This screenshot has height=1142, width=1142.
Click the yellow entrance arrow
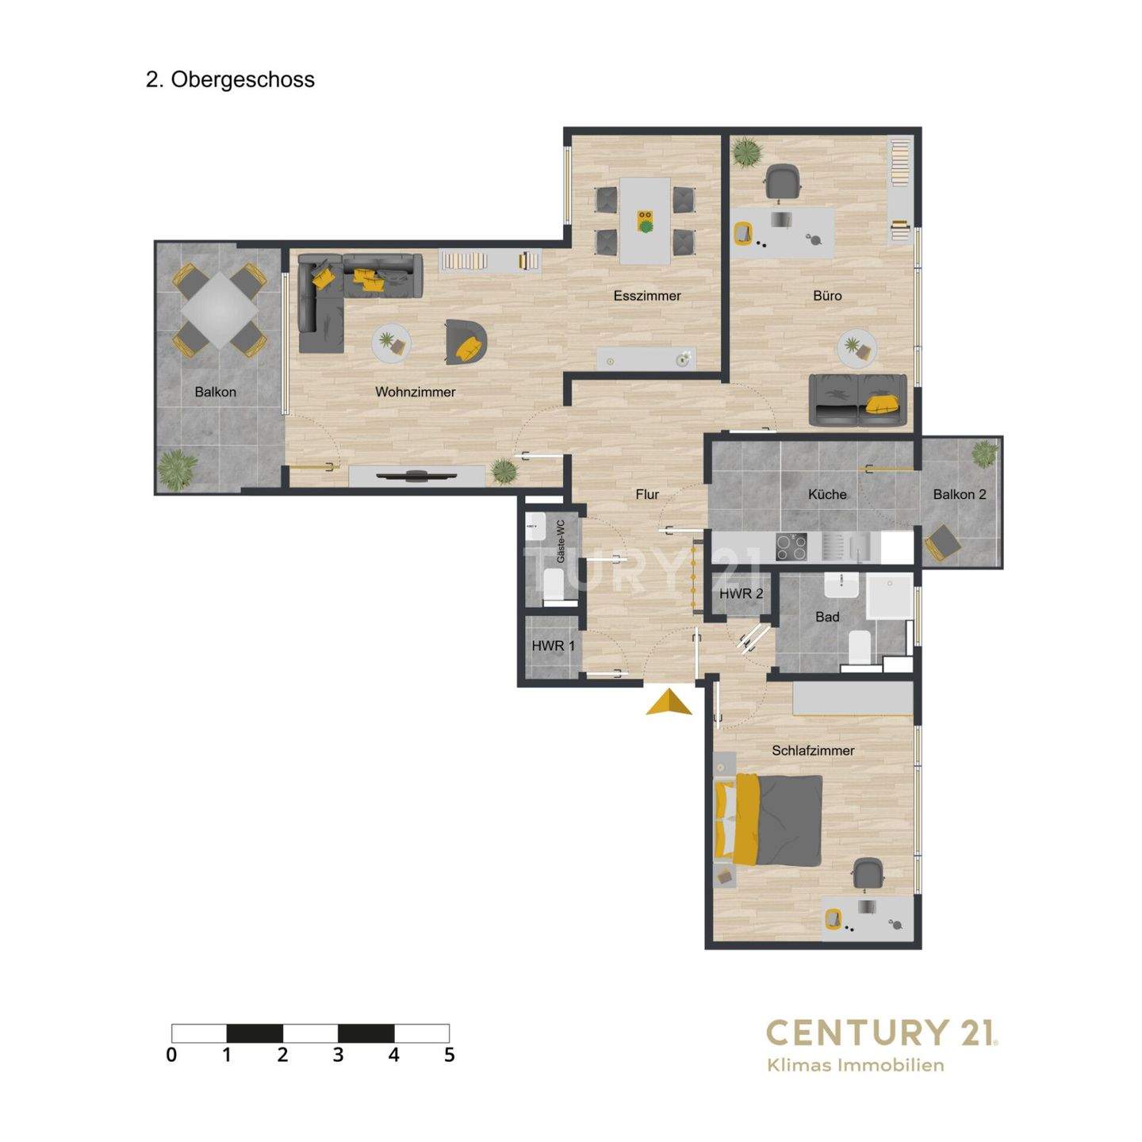[669, 703]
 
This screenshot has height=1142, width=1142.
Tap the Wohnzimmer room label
[415, 392]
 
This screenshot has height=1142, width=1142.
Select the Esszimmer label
[647, 296]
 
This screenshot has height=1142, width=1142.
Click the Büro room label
[827, 296]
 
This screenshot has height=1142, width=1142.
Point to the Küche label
[827, 494]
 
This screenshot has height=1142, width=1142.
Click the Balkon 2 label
[960, 494]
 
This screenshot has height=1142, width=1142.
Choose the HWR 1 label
[553, 646]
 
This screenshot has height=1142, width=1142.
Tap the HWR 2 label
[741, 594]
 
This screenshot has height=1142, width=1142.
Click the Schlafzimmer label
[813, 750]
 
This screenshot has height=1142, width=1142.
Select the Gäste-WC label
[561, 541]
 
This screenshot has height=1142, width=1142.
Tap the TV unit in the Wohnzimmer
[416, 476]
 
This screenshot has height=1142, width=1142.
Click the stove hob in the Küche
[791, 546]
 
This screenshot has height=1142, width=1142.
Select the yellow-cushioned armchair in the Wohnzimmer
[466, 343]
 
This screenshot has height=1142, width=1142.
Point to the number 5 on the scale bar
[450, 1055]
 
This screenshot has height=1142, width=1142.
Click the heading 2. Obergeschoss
[230, 80]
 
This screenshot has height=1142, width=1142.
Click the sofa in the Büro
[857, 400]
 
